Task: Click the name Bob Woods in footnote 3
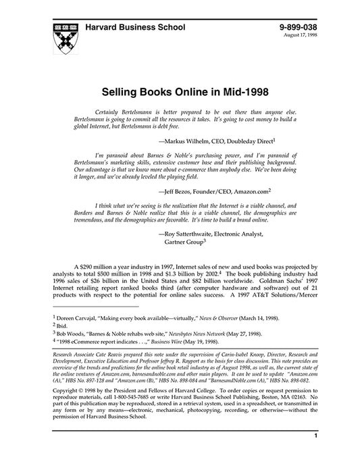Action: [x=66, y=334]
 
